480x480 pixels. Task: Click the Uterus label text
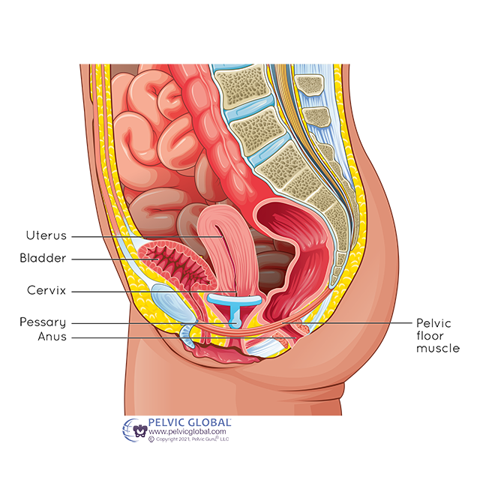coord(43,235)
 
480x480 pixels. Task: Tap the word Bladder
coord(43,259)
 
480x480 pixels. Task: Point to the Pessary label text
coord(43,322)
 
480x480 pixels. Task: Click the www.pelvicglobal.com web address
coord(187,433)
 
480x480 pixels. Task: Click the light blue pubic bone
coord(168,299)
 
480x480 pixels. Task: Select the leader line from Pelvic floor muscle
coord(360,322)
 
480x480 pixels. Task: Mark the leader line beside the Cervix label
coord(150,291)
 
